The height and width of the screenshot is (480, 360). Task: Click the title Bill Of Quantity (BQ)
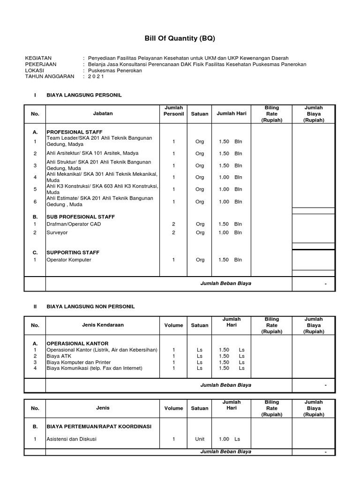point(180,38)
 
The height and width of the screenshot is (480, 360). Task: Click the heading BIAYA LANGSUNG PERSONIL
point(84,95)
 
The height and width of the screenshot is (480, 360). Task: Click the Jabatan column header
point(103,113)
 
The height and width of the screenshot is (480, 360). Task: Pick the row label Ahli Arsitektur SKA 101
point(92,153)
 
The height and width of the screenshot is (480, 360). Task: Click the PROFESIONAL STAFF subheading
point(74,132)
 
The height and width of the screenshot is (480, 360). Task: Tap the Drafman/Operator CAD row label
point(74,225)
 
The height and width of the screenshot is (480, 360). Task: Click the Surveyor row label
point(57,232)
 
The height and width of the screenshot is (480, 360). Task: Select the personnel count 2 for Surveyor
point(174,232)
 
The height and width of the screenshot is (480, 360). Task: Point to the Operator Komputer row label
point(69,260)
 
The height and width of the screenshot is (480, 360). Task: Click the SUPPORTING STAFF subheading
point(73,253)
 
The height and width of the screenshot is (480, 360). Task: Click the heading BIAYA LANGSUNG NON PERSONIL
point(90,307)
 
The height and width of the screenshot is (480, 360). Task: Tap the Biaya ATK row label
point(59,356)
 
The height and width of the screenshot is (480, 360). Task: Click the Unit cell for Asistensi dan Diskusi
point(200,439)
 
